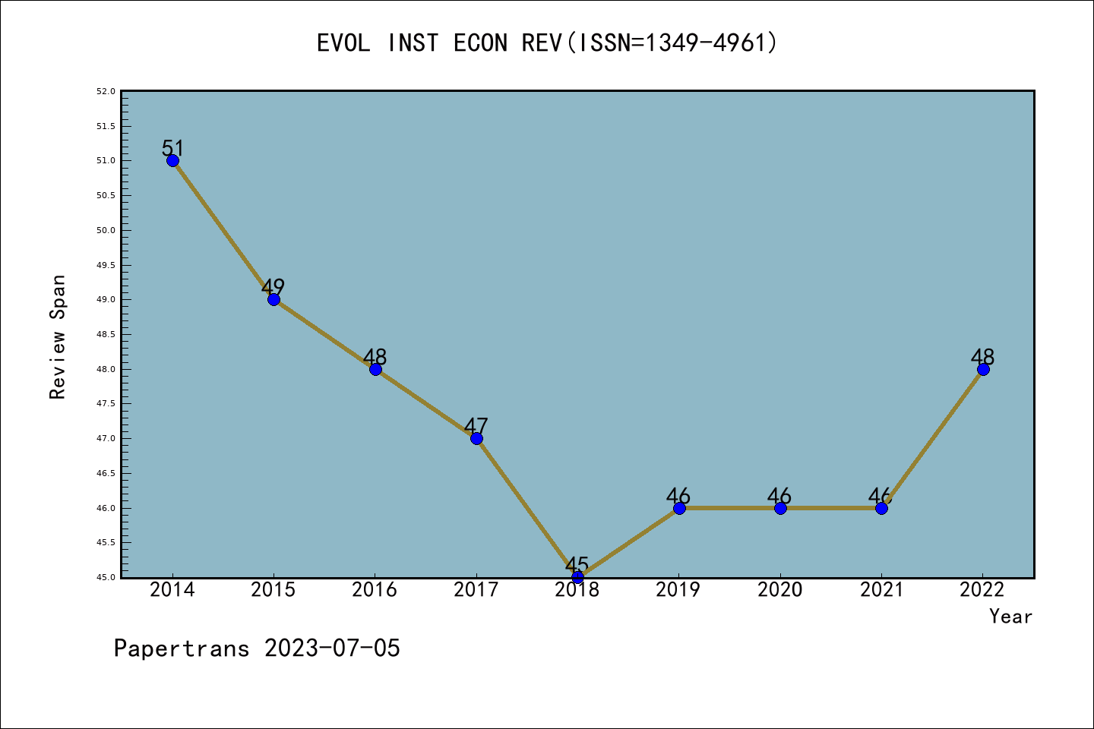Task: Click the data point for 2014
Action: (172, 160)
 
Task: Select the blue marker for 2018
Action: (577, 577)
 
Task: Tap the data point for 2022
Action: (983, 369)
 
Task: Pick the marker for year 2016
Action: (375, 369)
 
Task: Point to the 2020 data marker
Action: (780, 508)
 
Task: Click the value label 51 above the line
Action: (173, 148)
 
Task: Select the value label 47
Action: (476, 426)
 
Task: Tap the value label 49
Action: (273, 287)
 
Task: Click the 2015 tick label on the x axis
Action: (273, 590)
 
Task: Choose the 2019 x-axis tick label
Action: (678, 590)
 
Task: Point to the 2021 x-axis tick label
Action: (881, 590)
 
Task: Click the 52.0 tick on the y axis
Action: (106, 92)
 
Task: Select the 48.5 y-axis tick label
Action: (106, 335)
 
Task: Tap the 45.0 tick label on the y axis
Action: (106, 577)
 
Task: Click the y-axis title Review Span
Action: (58, 337)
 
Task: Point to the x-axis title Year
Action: (1010, 617)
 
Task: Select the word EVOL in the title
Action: (343, 43)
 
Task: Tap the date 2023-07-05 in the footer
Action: (332, 649)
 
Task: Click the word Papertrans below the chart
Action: (182, 649)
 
